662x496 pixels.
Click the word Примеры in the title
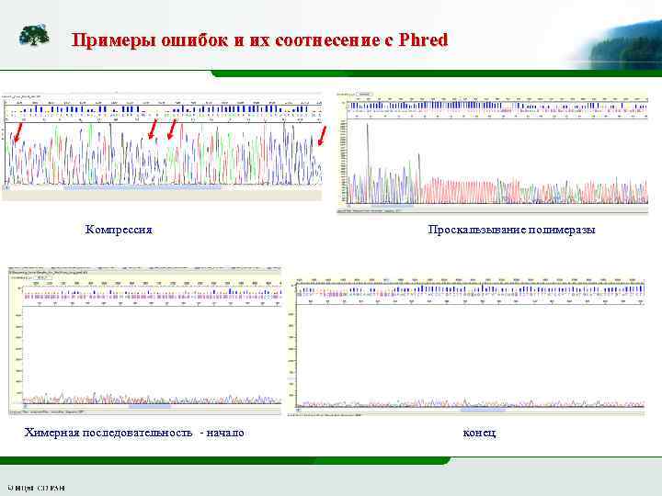[x=105, y=40]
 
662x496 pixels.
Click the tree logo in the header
[x=35, y=35]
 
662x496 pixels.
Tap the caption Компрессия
[x=119, y=229]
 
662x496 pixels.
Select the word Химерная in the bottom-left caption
[x=52, y=432]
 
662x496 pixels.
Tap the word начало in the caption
[x=224, y=432]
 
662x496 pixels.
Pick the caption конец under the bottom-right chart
[x=480, y=432]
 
